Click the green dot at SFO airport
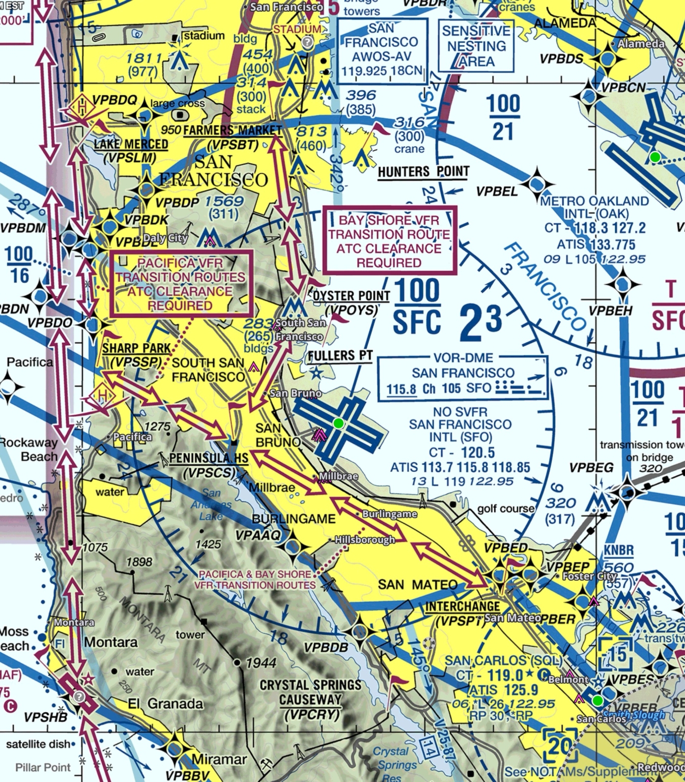coord(338,423)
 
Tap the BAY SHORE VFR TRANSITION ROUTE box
coord(389,241)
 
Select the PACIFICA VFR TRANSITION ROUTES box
coord(181,284)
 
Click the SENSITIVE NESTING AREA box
coord(476,46)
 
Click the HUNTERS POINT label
coord(423,172)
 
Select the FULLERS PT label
coord(340,356)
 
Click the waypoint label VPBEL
coord(497,191)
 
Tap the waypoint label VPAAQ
coord(258,535)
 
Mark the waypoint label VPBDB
coord(326,648)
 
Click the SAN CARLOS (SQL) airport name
coord(503,661)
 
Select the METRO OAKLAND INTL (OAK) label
coord(594,207)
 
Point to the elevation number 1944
coord(261,663)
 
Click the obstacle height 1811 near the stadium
coord(144,59)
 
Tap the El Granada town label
coord(165,704)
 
